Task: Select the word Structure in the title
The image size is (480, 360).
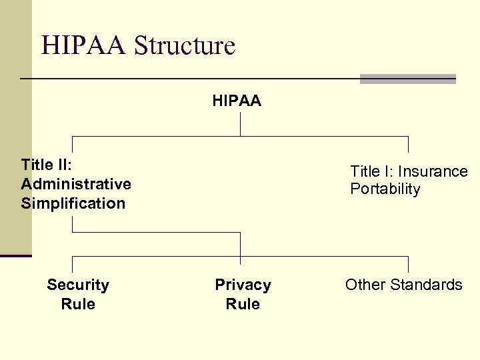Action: pyautogui.click(x=185, y=46)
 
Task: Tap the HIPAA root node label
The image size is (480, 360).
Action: pyautogui.click(x=237, y=101)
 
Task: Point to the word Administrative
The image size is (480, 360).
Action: pyautogui.click(x=76, y=184)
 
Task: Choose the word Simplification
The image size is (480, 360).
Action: pyautogui.click(x=73, y=203)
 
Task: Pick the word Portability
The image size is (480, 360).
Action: pyautogui.click(x=385, y=189)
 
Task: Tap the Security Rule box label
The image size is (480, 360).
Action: pyautogui.click(x=78, y=294)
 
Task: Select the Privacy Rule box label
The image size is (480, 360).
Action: pyautogui.click(x=243, y=294)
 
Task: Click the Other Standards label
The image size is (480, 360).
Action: pyautogui.click(x=403, y=285)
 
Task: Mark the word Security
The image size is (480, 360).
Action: pyautogui.click(x=78, y=285)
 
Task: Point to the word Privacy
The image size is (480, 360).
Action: pyautogui.click(x=243, y=285)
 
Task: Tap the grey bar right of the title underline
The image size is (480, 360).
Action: pyautogui.click(x=407, y=79)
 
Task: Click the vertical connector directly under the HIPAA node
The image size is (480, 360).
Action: pyautogui.click(x=240, y=123)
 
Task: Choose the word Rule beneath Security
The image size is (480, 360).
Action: pyautogui.click(x=78, y=304)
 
